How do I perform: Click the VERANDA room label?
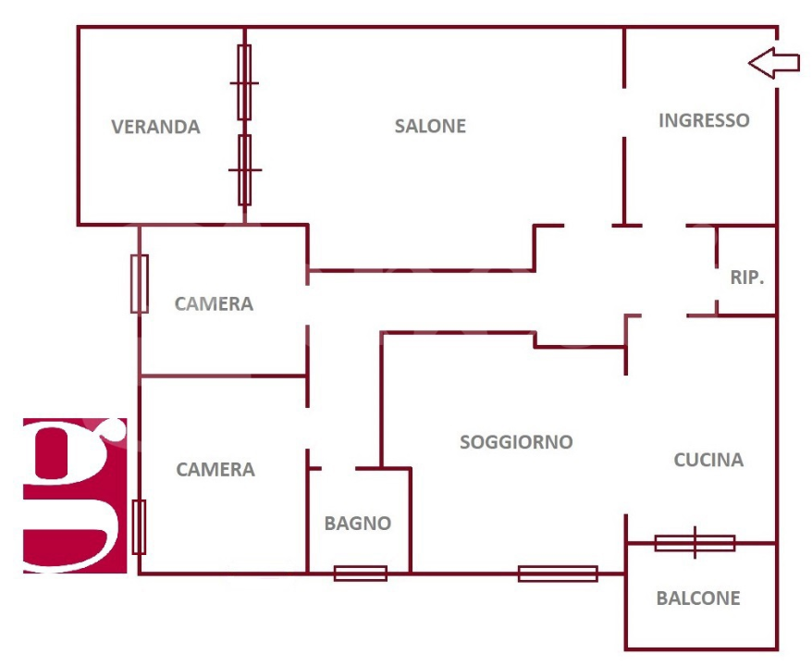point(155,127)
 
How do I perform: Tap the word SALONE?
point(430,126)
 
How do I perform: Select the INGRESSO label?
point(704,120)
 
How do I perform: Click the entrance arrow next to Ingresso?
point(773,63)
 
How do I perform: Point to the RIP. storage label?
point(747,277)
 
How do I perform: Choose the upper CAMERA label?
point(214,303)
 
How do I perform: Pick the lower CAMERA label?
point(215,470)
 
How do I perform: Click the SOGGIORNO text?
point(516,442)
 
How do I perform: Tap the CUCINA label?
point(708,460)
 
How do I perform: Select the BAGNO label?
point(357,524)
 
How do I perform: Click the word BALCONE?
point(698,598)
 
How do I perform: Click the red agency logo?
point(74,495)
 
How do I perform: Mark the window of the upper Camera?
point(139,283)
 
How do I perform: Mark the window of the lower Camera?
point(139,526)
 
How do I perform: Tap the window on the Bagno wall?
point(360,573)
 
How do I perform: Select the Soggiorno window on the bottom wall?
point(557,573)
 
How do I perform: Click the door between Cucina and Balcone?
point(695,543)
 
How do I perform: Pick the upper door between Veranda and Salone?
point(244,82)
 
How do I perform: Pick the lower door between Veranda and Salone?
point(244,170)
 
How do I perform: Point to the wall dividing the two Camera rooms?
point(222,376)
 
